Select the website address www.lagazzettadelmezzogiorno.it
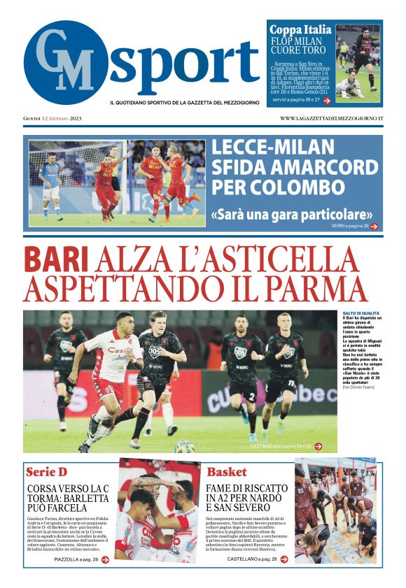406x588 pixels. point(331,118)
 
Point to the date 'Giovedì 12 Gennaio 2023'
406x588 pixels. point(52,118)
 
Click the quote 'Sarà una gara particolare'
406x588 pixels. point(291,214)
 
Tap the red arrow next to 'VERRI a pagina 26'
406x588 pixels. point(374,227)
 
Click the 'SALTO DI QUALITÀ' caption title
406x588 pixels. point(361,313)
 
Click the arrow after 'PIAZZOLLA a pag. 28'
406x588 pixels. point(105,559)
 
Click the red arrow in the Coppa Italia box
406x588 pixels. point(327,101)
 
